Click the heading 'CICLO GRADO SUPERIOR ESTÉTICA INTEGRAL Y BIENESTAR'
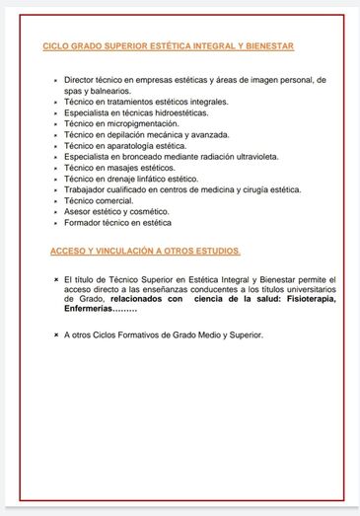point(169,46)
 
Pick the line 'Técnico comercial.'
point(99,201)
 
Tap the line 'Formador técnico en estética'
point(116,224)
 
